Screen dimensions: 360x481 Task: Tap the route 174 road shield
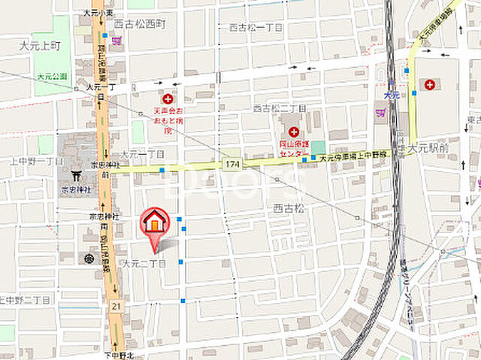(233, 163)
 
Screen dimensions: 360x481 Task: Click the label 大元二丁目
(144, 263)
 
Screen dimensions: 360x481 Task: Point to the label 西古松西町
(139, 25)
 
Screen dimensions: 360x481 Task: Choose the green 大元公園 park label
(52, 76)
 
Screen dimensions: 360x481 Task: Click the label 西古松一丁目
(256, 27)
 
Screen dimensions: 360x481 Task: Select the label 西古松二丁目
(280, 107)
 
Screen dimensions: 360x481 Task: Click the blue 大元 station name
(389, 95)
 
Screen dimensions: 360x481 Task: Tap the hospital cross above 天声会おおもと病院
(168, 98)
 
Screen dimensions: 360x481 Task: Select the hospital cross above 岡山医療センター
(293, 132)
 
